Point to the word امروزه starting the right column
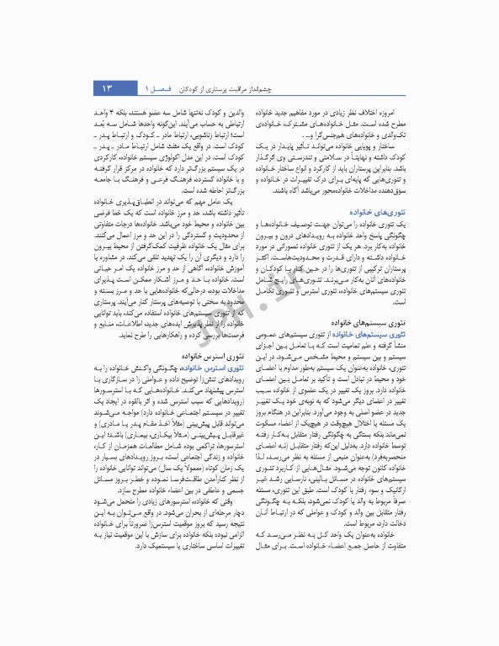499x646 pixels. [390, 111]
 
